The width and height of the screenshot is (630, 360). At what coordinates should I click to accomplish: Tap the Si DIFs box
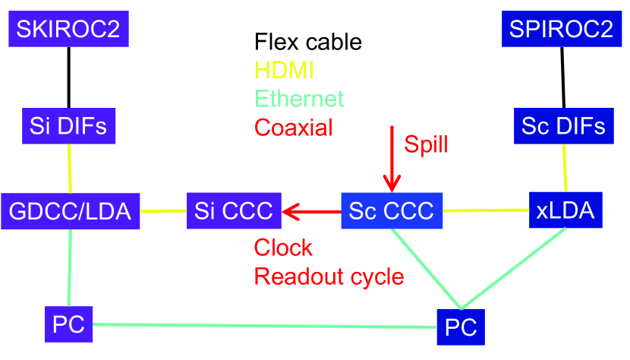pos(69,125)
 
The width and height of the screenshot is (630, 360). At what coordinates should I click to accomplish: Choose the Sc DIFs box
pos(564,125)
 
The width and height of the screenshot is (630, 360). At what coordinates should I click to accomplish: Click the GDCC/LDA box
pos(71,210)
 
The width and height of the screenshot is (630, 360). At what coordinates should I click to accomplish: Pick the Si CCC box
pos(234,210)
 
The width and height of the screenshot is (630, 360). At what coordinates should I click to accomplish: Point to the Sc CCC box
pos(392,210)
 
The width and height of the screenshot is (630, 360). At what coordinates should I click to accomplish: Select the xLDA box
pos(565,210)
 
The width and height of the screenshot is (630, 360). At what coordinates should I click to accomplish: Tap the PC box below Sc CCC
pos(461,327)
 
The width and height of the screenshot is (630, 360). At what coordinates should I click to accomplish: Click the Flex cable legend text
pos(308,41)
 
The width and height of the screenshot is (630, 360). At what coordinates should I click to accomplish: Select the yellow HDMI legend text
pos(285,70)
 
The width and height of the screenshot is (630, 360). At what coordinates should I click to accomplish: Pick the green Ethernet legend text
pos(299,99)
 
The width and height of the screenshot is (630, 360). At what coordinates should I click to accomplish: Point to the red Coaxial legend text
pos(294,127)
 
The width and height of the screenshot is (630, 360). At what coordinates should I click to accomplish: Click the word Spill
pos(426,144)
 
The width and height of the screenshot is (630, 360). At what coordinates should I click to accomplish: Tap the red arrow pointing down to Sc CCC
pos(392,159)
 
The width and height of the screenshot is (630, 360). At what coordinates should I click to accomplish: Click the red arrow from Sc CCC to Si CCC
pos(311,211)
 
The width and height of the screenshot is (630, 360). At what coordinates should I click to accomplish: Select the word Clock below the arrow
pos(283,248)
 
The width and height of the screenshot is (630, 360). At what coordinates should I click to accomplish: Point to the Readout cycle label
pos(329,276)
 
